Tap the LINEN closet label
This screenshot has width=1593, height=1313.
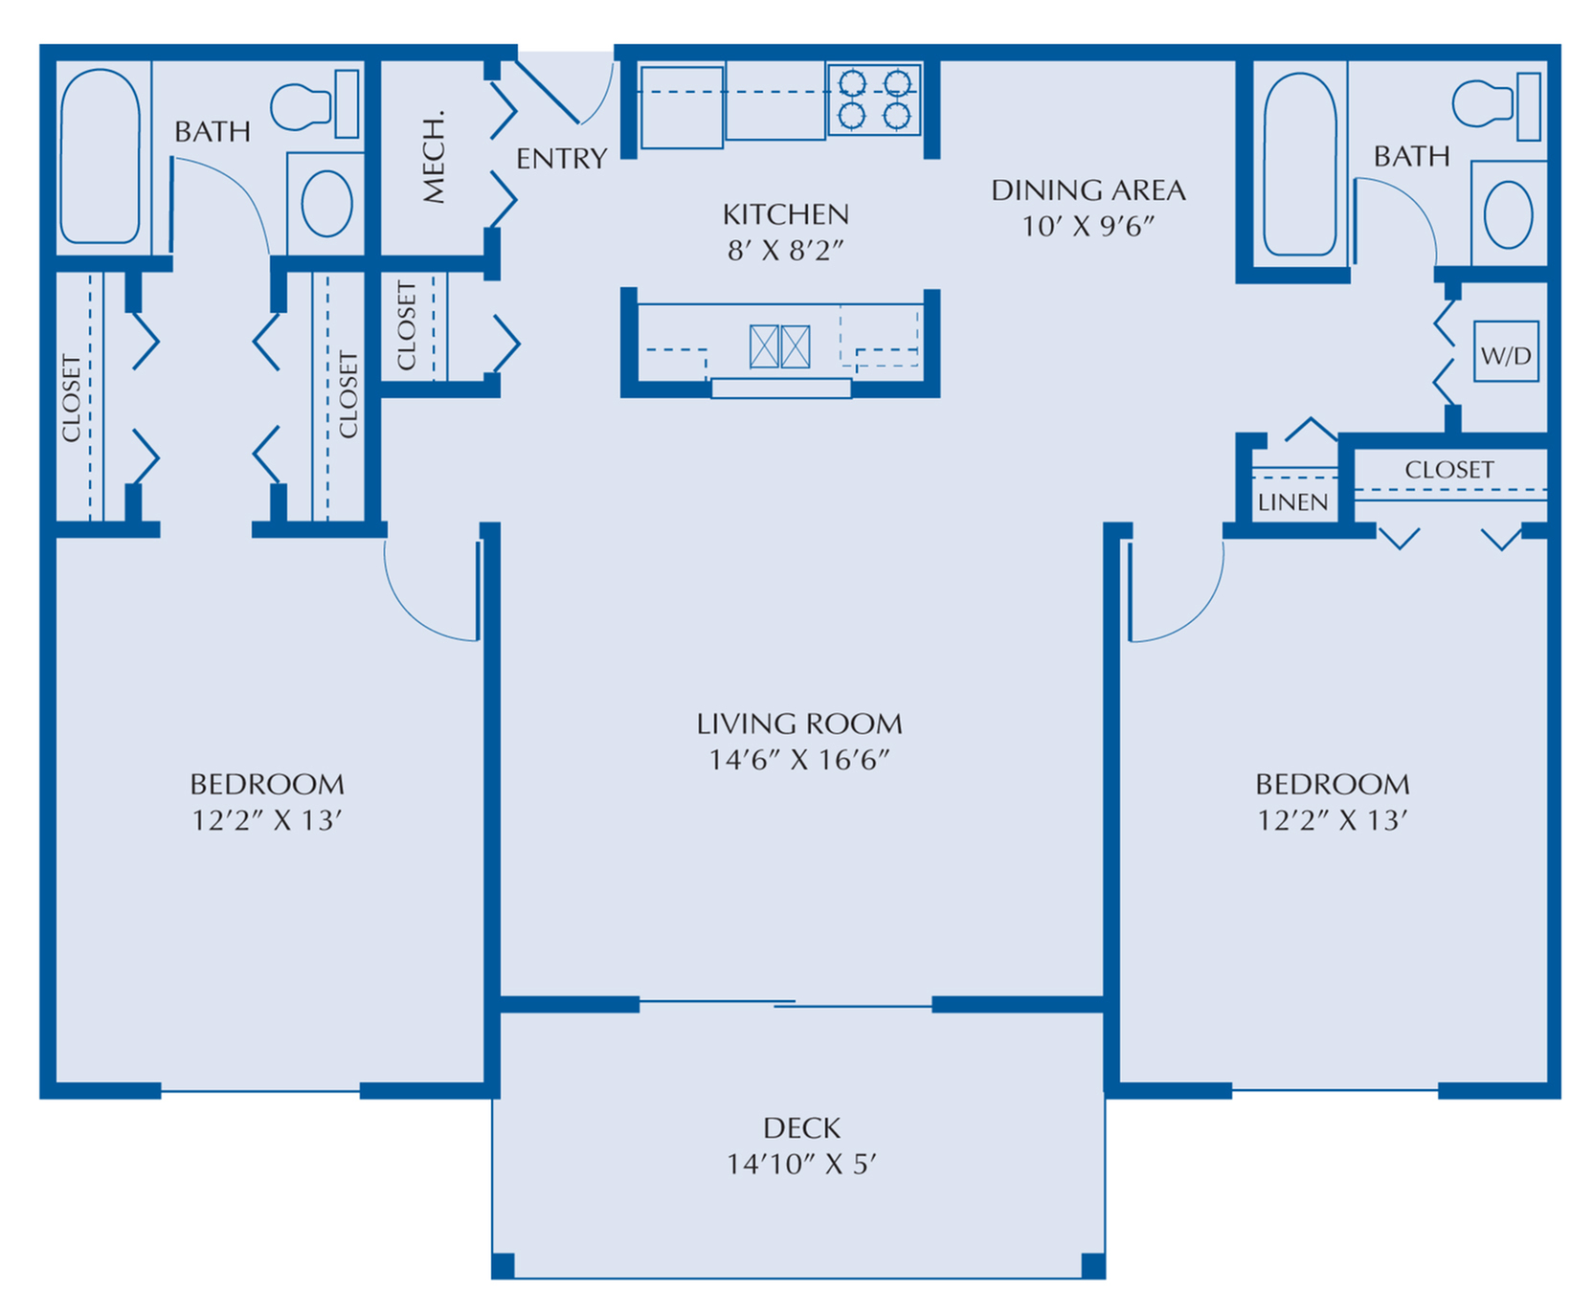1292,502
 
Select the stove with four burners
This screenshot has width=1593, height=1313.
874,100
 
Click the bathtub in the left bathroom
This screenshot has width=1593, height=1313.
100,155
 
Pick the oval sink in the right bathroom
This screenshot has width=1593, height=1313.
1508,214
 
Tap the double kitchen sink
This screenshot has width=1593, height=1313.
779,346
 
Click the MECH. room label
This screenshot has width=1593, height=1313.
434,157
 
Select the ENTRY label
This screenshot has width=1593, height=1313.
561,159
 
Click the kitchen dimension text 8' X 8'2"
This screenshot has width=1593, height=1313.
785,251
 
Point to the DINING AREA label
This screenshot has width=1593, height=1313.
1088,190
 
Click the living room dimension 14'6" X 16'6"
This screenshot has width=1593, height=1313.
798,760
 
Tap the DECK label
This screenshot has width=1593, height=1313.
801,1128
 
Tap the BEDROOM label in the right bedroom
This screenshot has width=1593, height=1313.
1332,785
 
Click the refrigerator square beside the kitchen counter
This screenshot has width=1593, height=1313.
682,107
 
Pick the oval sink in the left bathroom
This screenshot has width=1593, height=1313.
326,203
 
